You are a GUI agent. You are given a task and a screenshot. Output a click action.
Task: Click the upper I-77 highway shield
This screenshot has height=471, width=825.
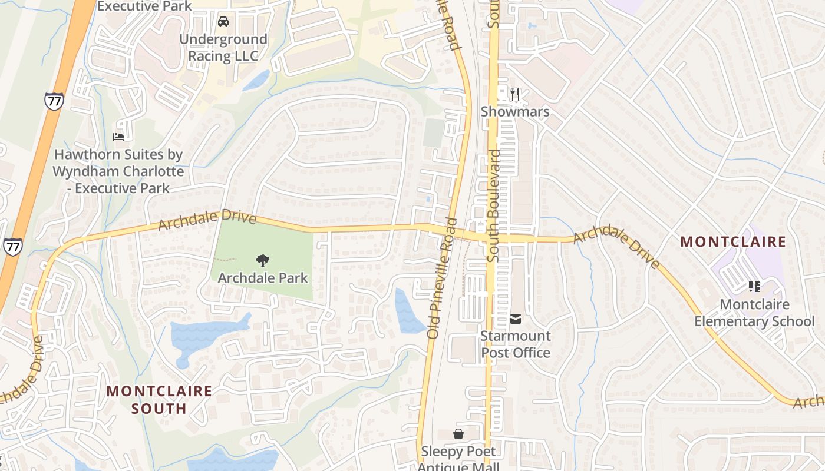click(54, 101)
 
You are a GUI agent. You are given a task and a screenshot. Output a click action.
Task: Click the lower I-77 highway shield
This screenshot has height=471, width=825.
click(12, 246)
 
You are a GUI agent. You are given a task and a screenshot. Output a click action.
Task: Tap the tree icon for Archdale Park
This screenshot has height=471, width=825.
click(263, 260)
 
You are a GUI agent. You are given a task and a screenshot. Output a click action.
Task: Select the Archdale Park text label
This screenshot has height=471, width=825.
click(263, 277)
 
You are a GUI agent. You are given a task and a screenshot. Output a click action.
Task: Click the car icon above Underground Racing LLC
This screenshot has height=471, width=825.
click(223, 22)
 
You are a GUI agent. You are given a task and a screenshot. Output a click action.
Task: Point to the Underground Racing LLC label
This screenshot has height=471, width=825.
click(223, 48)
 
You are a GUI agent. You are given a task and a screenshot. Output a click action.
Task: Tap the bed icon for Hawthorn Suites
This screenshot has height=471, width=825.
click(118, 137)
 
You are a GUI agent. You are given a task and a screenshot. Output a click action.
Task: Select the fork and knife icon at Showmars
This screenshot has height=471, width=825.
click(515, 94)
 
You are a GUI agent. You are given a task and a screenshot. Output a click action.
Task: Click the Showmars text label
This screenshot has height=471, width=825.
click(515, 112)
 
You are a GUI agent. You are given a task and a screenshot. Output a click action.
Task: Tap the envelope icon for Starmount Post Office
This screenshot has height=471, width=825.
click(516, 319)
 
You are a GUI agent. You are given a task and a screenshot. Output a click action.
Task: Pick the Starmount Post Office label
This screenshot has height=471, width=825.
click(516, 344)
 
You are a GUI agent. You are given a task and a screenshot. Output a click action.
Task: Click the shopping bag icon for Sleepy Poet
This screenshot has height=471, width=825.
click(458, 434)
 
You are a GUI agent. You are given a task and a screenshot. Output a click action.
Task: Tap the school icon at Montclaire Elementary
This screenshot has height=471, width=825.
click(754, 287)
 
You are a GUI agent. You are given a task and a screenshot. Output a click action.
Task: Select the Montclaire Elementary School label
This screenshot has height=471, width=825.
click(754, 313)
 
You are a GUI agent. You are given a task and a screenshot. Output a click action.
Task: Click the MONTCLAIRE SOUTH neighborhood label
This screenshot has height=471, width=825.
click(159, 399)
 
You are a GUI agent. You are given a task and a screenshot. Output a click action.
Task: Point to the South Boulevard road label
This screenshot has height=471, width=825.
click(493, 205)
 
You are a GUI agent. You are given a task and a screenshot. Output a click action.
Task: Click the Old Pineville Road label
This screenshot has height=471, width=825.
click(443, 278)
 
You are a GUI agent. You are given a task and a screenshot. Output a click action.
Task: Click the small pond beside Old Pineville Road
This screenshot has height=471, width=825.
click(408, 312)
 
